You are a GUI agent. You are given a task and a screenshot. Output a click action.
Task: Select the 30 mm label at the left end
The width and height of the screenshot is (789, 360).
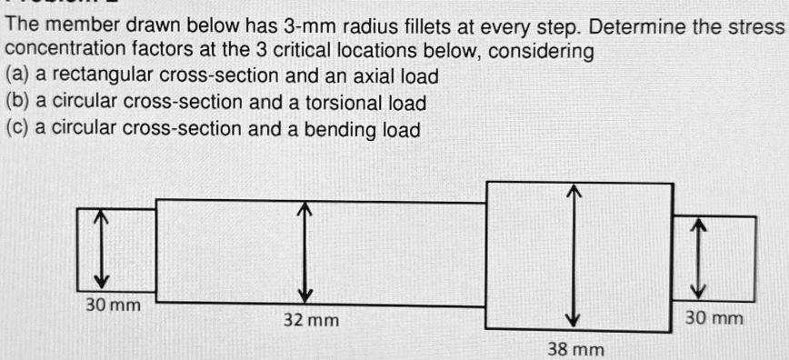(x=113, y=305)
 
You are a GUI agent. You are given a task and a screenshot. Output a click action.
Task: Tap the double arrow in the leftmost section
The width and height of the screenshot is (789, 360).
(x=103, y=248)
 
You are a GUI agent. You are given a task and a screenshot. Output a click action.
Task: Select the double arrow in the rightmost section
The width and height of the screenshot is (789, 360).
(x=697, y=257)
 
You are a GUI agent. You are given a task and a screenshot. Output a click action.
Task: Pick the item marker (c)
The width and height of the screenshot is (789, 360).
(x=16, y=130)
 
